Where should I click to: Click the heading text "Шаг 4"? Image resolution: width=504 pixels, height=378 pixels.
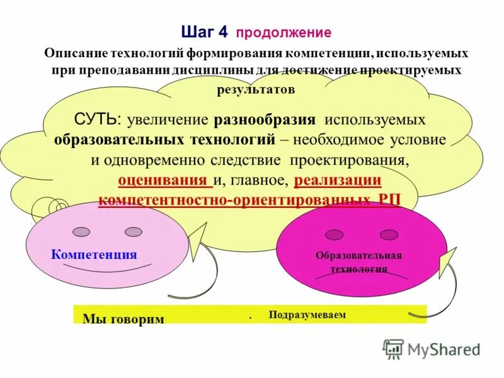click(205, 31)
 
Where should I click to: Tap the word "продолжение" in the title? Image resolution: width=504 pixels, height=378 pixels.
click(283, 32)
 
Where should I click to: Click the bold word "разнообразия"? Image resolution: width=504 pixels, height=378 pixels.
click(266, 119)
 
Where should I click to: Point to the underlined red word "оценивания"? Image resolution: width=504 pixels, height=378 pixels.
click(164, 181)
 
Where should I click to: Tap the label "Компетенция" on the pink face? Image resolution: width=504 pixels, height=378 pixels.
click(94, 255)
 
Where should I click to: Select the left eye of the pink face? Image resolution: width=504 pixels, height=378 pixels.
click(81, 232)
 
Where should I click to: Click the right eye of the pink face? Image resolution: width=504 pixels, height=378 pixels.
click(134, 232)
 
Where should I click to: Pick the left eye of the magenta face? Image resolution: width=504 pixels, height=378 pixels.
click(334, 234)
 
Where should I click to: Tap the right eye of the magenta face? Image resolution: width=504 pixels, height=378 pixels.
click(389, 234)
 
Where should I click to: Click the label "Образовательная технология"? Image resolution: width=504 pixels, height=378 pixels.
click(359, 262)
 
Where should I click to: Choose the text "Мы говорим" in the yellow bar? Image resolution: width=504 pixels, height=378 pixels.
click(123, 319)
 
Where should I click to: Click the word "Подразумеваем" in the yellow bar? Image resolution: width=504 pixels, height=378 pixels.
click(307, 314)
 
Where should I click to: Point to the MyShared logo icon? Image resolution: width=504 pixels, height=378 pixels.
click(394, 348)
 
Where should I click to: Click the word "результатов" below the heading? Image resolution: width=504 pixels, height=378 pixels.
click(256, 89)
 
